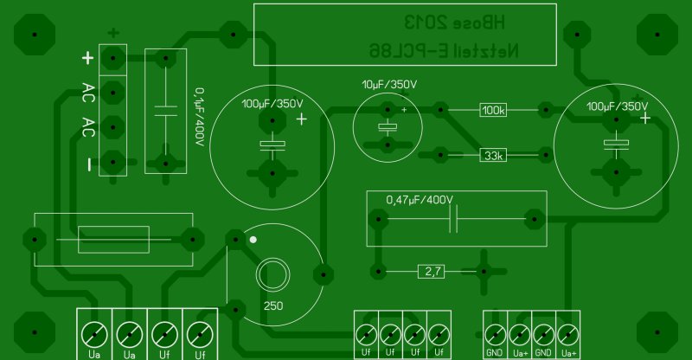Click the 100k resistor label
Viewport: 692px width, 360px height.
point(493,110)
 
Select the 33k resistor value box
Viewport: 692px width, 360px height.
point(493,156)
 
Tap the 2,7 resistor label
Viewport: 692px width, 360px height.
point(432,272)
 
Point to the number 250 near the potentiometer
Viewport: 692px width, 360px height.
point(273,305)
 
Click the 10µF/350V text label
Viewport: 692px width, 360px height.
point(389,85)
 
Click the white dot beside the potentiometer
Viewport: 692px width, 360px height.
point(253,239)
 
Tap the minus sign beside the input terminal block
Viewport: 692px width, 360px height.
point(87,164)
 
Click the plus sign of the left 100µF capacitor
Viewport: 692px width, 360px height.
point(300,120)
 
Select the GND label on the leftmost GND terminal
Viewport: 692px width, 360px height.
point(495,353)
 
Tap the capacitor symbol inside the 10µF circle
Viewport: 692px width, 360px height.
point(388,127)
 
